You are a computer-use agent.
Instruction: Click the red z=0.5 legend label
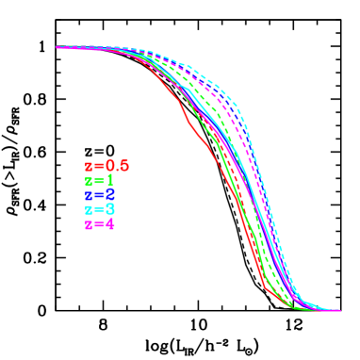(x=106, y=166)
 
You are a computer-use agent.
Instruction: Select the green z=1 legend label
(x=99, y=181)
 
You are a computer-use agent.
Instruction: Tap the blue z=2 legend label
(x=99, y=195)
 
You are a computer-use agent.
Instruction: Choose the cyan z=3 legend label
(x=99, y=209)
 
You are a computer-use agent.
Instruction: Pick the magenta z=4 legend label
(x=99, y=224)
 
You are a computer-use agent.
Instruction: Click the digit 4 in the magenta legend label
(x=109, y=224)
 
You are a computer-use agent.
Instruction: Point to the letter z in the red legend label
(x=88, y=167)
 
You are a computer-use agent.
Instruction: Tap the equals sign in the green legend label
(x=98, y=181)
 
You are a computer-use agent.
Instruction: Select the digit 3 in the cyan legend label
(x=109, y=209)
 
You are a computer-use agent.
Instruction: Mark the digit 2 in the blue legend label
(x=109, y=195)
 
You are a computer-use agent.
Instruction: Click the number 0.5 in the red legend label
(x=116, y=166)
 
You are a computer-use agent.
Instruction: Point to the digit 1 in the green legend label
(x=109, y=181)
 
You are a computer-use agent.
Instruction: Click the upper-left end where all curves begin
(x=58, y=46)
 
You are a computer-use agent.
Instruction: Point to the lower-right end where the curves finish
(x=337, y=310)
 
